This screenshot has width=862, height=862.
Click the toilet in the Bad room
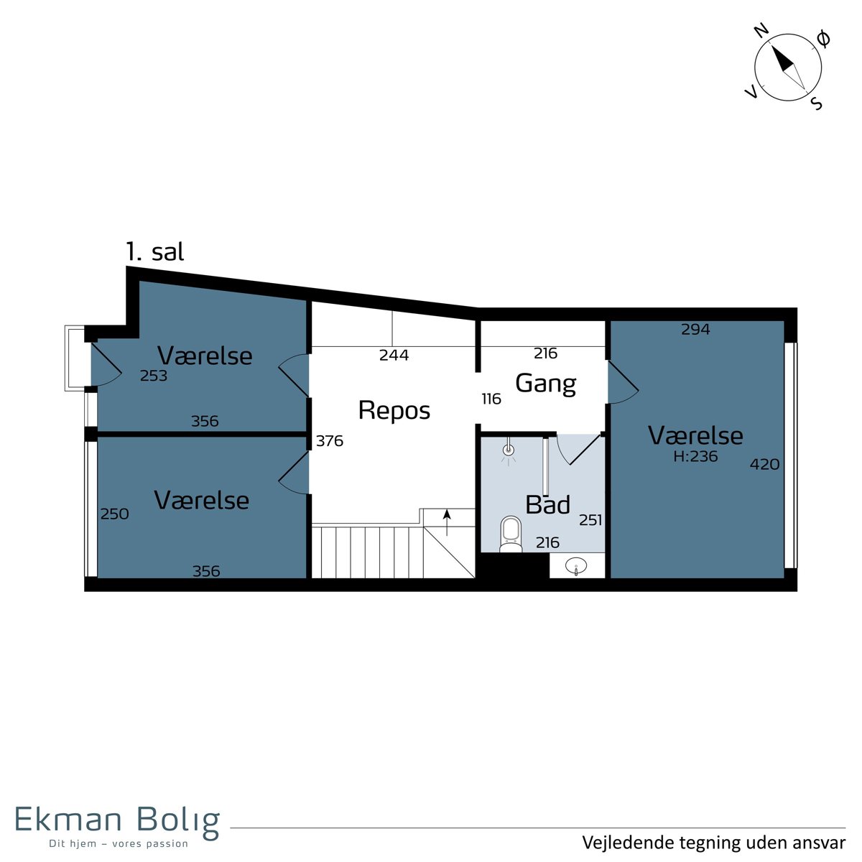(511, 534)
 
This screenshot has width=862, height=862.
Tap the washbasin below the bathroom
(576, 566)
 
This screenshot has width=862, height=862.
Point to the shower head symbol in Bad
(509, 451)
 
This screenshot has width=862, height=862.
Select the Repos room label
(394, 411)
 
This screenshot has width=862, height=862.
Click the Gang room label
(546, 384)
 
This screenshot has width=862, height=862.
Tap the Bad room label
(547, 504)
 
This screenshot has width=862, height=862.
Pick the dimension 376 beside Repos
(330, 441)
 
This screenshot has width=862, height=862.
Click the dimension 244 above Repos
(394, 355)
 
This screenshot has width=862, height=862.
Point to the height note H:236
(695, 456)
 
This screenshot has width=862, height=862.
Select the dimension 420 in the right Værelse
(764, 464)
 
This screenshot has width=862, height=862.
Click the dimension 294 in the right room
(695, 330)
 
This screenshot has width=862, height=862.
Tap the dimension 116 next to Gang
(491, 399)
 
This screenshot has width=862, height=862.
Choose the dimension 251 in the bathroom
(590, 520)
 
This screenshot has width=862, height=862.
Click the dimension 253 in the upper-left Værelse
(154, 376)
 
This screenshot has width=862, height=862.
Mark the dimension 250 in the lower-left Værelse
(114, 514)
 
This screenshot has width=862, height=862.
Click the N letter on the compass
(762, 30)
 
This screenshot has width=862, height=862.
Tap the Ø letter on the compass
(822, 39)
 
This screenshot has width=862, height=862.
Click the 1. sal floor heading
(154, 252)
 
